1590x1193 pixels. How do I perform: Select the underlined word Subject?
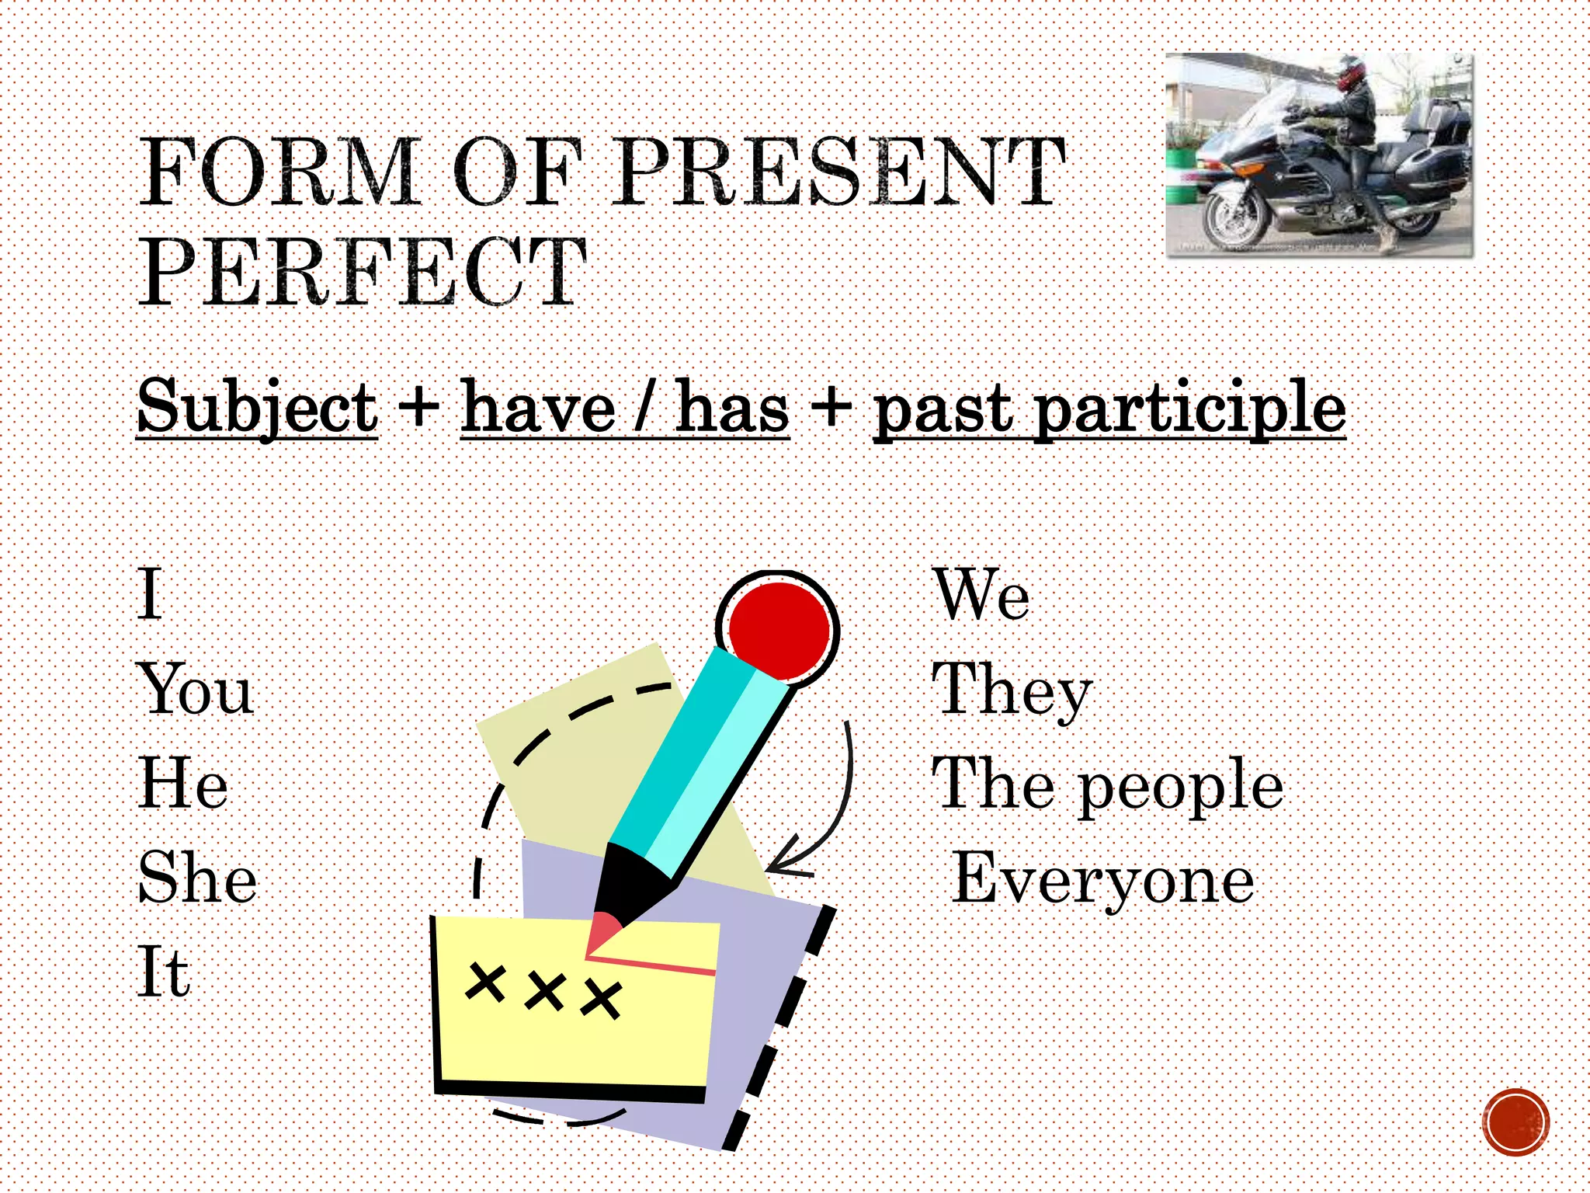tap(257, 408)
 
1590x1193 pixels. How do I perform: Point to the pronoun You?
tap(196, 689)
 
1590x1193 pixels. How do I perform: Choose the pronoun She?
tap(197, 878)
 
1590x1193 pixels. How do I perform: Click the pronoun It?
tap(163, 972)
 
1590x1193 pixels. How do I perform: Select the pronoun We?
tap(981, 595)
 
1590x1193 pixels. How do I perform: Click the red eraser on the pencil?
tap(779, 630)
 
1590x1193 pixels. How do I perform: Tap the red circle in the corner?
tap(1515, 1122)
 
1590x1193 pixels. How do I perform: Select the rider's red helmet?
tap(1350, 71)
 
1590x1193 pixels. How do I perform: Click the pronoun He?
tap(183, 784)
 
